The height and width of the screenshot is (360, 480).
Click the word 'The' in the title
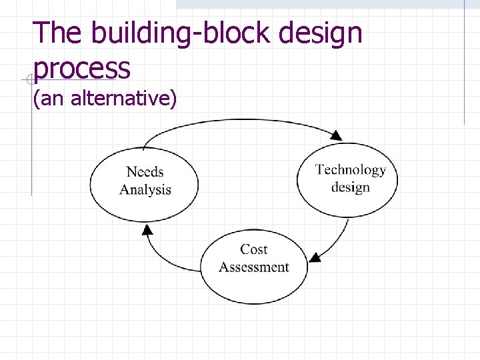coord(58,33)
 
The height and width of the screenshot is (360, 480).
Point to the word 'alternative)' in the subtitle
coord(123,99)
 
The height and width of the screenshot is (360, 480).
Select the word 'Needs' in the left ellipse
coord(145,172)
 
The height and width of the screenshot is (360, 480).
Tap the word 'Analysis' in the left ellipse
coord(145,189)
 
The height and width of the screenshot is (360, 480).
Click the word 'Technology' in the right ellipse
coord(351,170)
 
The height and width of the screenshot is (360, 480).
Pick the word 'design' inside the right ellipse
coord(350,187)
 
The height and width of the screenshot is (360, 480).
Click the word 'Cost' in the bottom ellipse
coord(253,249)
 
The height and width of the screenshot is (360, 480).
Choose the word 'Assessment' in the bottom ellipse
coord(254,267)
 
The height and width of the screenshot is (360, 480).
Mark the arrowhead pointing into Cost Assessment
coord(315,257)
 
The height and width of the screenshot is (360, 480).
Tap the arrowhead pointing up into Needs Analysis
coord(147,230)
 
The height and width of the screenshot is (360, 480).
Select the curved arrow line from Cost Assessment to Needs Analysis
coord(163,261)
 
